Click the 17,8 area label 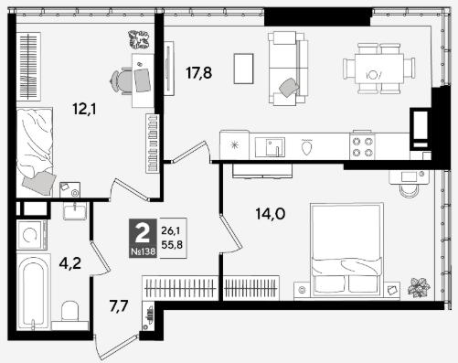point(198,73)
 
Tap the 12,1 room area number point(84,109)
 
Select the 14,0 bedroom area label point(271,214)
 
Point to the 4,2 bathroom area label point(70,263)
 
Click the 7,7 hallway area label point(119,306)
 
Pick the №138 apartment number point(143,251)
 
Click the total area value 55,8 point(172,244)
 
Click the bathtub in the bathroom point(33,292)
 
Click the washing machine point(32,235)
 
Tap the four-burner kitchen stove point(362,146)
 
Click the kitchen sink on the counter point(270,147)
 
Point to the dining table point(379,69)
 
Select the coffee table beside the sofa point(243,69)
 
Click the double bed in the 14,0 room point(346,250)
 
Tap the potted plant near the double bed point(419,287)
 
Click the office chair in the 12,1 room point(122,80)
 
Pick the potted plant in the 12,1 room point(139,39)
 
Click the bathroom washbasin point(75,210)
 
